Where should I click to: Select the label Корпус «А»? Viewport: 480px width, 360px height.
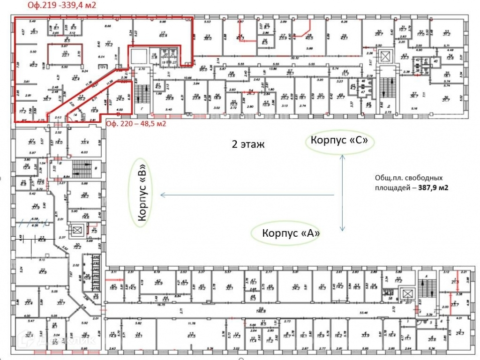pyautogui.click(x=285, y=233)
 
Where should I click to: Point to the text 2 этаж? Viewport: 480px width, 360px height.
pyautogui.click(x=248, y=144)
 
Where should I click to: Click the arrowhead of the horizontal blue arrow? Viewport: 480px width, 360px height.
pyautogui.click(x=160, y=195)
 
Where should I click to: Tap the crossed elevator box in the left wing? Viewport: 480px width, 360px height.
pyautogui.click(x=77, y=231)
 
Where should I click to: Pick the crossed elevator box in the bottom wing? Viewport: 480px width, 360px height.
pyautogui.click(x=407, y=294)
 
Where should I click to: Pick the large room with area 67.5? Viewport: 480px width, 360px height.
pyautogui.click(x=191, y=335)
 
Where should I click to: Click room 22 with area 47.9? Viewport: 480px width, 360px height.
pyautogui.click(x=42, y=270)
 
